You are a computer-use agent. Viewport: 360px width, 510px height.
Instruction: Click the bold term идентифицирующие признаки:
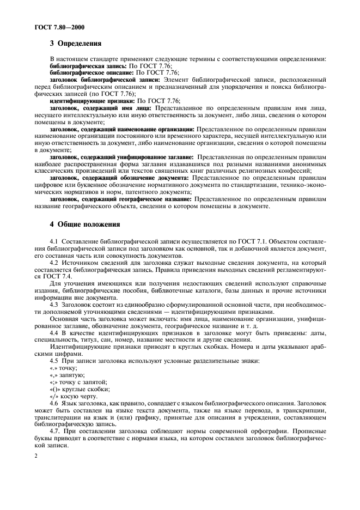tap(92, 101)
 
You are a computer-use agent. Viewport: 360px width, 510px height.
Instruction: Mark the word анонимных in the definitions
tap(308, 163)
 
